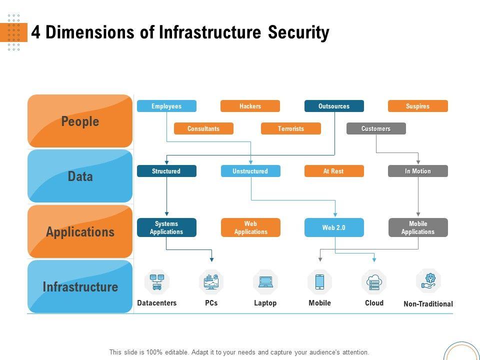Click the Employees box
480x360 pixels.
click(166, 106)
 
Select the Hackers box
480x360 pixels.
click(250, 106)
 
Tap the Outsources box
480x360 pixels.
click(334, 106)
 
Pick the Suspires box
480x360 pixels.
click(417, 106)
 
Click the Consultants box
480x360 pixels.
click(203, 128)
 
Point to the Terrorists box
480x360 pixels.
click(290, 128)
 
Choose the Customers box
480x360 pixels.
click(376, 128)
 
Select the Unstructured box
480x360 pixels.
click(250, 171)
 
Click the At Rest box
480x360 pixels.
click(334, 171)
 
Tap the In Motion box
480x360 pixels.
click(417, 171)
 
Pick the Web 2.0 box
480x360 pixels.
click(334, 227)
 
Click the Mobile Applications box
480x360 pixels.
click(417, 227)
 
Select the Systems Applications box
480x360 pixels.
click(166, 227)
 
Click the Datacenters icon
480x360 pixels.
click(157, 281)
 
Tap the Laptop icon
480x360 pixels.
click(265, 282)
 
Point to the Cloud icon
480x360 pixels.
click(374, 282)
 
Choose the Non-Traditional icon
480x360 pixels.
click(428, 281)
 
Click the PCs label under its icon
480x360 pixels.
click(211, 303)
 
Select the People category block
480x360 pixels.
click(80, 121)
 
